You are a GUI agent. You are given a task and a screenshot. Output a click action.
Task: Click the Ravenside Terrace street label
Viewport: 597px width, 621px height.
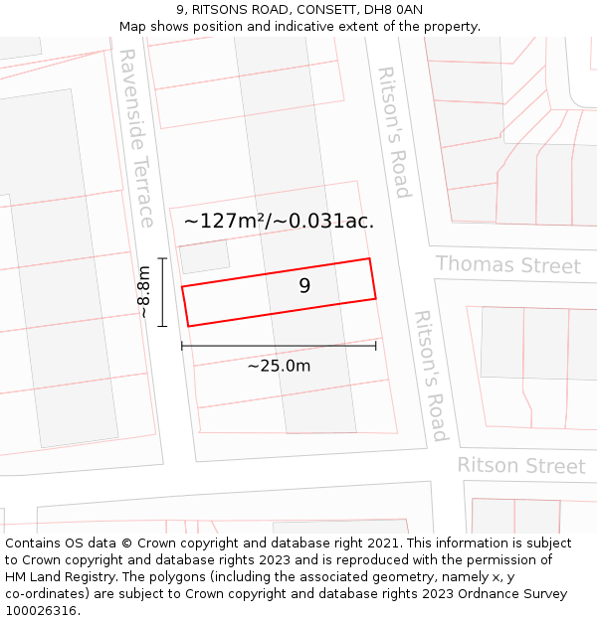(135, 139)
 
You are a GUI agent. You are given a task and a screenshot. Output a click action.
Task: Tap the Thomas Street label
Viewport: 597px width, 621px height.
(507, 265)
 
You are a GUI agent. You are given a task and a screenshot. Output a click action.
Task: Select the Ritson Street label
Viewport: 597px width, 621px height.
(520, 465)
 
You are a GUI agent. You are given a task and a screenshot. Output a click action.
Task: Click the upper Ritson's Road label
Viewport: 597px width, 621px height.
(394, 132)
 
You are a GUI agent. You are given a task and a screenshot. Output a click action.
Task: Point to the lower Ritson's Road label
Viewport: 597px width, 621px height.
(431, 376)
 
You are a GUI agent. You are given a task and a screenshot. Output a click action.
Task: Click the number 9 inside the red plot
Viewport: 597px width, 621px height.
(304, 286)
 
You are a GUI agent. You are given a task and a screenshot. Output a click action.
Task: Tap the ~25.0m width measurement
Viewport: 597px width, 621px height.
(279, 366)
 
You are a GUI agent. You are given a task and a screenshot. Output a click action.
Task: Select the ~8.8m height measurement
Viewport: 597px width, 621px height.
(143, 291)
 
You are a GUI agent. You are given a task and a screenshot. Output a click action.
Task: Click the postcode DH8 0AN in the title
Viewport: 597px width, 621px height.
(395, 10)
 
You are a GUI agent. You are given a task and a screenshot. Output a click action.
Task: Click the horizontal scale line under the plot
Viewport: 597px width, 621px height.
(279, 346)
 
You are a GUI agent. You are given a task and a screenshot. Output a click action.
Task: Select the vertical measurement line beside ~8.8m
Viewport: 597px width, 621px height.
(162, 291)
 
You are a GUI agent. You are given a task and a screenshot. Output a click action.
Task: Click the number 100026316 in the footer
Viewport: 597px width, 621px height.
(41, 611)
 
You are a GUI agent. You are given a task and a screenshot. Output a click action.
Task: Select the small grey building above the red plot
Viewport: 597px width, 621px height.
(204, 256)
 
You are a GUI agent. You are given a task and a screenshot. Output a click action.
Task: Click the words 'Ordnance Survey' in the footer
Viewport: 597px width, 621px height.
(513, 594)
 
